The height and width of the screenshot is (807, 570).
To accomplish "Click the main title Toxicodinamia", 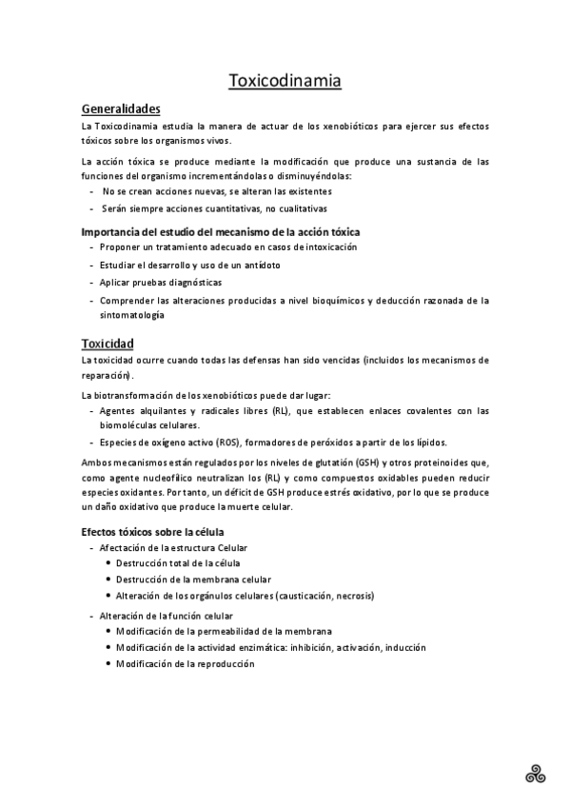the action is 285,81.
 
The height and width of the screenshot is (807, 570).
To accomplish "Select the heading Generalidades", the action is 121,108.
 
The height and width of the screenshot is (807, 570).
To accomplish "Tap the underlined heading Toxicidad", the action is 108,343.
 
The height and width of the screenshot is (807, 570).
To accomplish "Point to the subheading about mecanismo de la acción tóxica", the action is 221,231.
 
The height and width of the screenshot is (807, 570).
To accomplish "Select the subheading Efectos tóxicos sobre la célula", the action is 152,530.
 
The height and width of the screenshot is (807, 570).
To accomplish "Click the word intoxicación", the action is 324,247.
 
